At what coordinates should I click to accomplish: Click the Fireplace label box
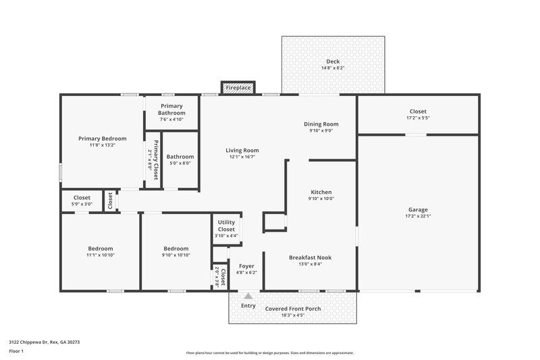tap(238, 88)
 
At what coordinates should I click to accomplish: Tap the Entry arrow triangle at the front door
tap(248, 296)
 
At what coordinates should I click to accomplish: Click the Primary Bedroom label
tap(102, 138)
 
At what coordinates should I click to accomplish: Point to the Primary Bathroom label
tap(171, 109)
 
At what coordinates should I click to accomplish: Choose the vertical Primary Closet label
tap(155, 159)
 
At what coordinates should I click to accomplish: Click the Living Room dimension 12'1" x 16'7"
tap(242, 157)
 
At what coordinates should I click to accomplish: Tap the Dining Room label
tap(321, 124)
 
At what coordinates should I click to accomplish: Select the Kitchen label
tap(321, 192)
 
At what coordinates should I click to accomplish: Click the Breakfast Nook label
tap(310, 257)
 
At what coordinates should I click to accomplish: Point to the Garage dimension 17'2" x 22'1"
tap(418, 217)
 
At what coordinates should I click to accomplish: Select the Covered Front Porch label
tap(293, 309)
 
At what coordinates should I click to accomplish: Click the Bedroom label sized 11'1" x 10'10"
tap(100, 248)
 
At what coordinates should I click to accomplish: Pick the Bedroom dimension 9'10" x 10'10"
tap(175, 255)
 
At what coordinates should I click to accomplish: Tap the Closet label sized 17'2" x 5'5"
tap(418, 111)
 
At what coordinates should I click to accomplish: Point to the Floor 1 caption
tap(16, 351)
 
